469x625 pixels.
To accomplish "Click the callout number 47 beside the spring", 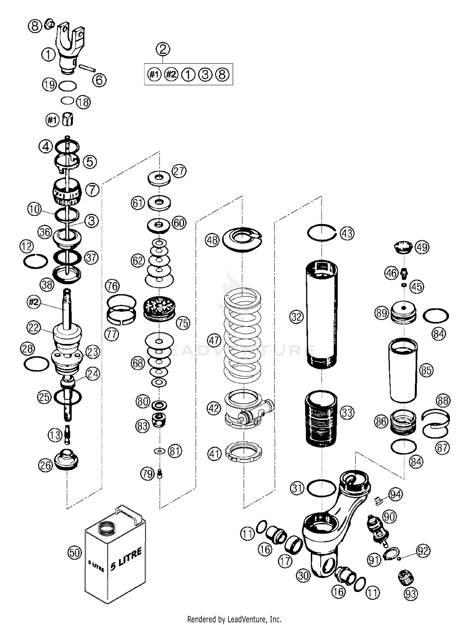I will point(214,340).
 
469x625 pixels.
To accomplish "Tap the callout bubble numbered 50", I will point(75,553).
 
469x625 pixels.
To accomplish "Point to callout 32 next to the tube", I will point(296,317).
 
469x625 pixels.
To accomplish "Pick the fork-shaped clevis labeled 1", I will point(70,47).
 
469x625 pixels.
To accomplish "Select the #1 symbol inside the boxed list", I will point(154,74).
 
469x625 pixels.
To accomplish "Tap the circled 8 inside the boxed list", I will point(222,74).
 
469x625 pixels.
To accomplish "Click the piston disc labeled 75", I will point(159,309).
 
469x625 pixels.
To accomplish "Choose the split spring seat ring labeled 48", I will point(242,239).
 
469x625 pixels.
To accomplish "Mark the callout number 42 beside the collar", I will point(214,409).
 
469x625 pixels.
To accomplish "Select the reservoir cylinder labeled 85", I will point(403,370).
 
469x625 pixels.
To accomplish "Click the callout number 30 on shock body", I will point(303,575).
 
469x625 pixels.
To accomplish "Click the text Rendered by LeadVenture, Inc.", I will point(234,619).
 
